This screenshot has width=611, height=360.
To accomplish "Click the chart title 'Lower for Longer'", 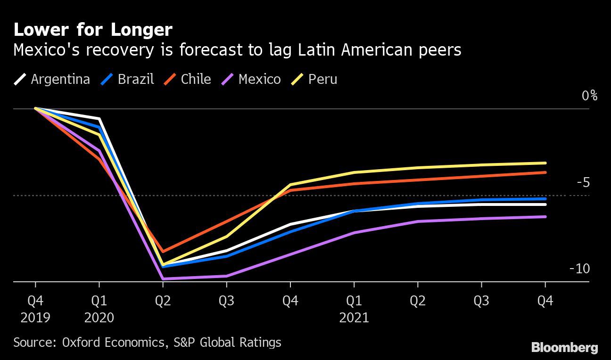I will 93,30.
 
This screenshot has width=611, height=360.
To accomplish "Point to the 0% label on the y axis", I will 589,96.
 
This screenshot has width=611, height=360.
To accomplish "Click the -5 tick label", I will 583,182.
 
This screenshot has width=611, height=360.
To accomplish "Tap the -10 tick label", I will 580,269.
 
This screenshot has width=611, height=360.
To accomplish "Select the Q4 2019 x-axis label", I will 35,309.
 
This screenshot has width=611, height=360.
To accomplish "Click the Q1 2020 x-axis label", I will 99,309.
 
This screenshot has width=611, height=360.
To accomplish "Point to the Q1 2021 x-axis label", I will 354,309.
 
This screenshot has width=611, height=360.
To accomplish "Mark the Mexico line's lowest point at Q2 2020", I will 163,279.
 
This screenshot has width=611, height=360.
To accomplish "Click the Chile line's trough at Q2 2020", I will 163,252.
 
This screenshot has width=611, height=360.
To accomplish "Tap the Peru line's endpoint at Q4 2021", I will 545,163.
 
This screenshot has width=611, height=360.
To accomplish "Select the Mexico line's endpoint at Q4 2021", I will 545,217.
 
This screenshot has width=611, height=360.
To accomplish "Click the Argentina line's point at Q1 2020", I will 99,119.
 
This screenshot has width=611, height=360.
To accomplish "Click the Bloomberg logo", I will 564,348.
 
